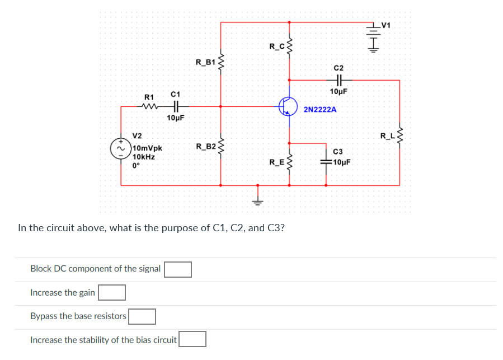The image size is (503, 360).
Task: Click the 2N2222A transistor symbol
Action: (x=288, y=106)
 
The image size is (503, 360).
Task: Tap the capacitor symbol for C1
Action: (x=175, y=106)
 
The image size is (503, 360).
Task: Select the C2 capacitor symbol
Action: (x=339, y=80)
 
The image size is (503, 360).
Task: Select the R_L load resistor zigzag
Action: (x=399, y=135)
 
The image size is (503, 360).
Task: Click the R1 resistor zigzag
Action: (x=149, y=106)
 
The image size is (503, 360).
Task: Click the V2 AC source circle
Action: (x=120, y=149)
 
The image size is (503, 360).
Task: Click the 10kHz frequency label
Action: (x=144, y=157)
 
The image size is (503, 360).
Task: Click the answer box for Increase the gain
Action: (x=111, y=292)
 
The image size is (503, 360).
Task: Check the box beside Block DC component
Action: (x=178, y=269)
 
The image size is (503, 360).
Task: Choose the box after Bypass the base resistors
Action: (x=142, y=316)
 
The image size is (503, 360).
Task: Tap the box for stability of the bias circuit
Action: (x=192, y=339)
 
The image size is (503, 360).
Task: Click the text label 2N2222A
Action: (x=320, y=110)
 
